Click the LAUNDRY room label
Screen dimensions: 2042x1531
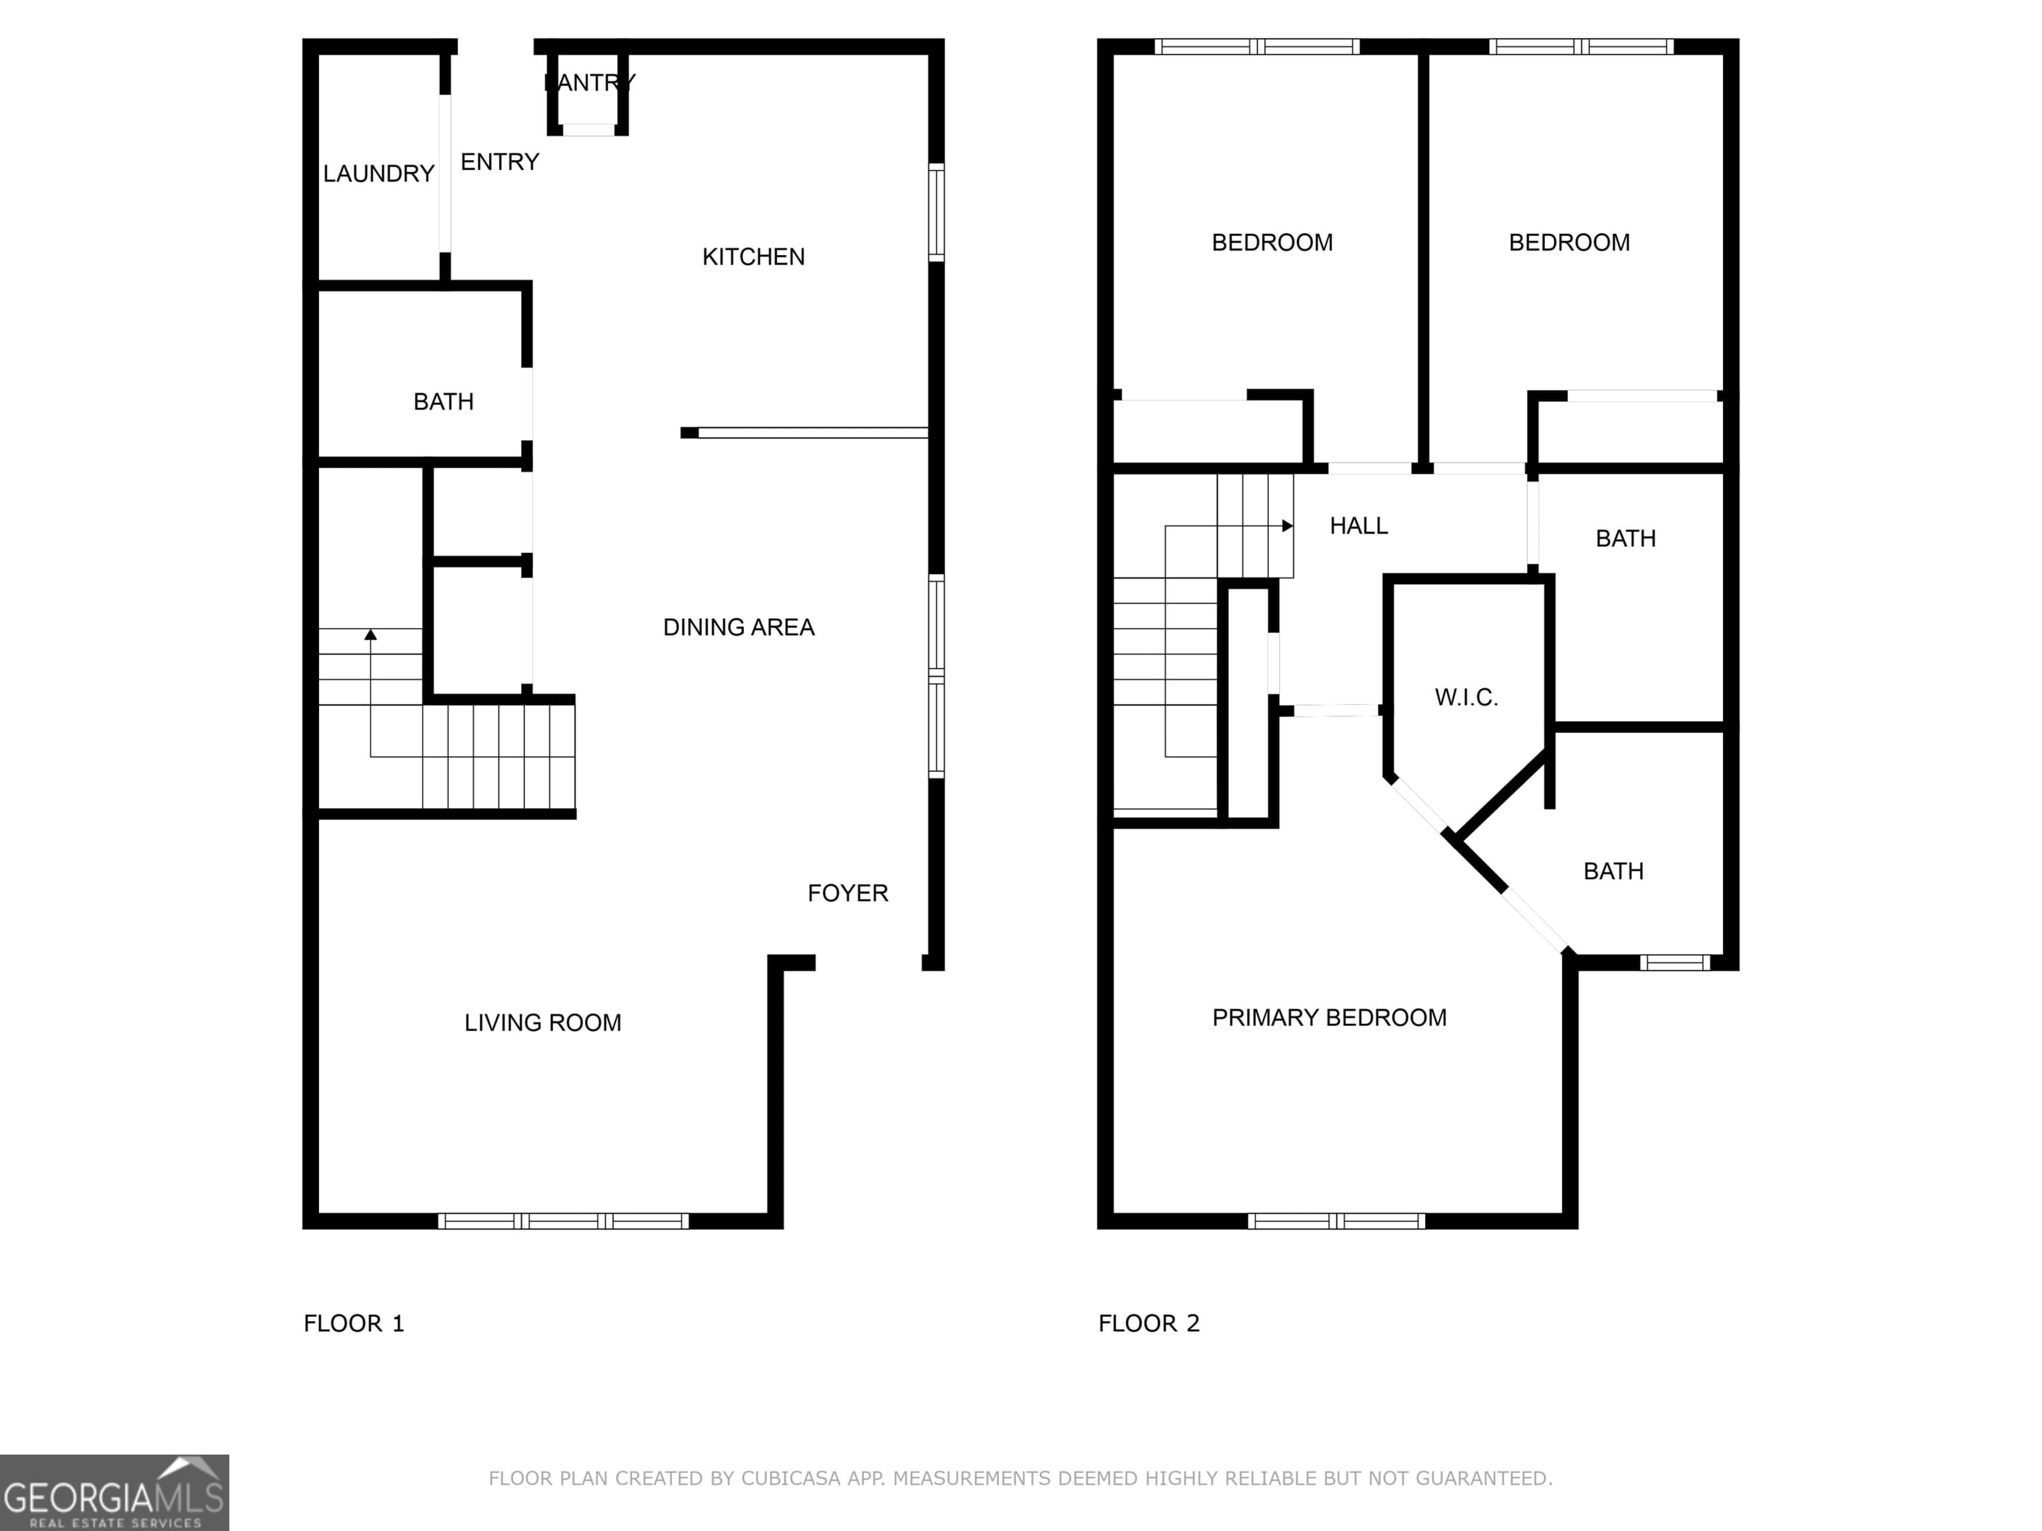[x=378, y=173]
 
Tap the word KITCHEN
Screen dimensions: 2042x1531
[x=753, y=256]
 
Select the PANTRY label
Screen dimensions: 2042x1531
[x=590, y=82]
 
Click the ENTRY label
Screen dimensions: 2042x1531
[x=499, y=162]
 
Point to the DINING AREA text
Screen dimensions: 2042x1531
[x=738, y=627]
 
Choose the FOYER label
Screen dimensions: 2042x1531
[x=848, y=893]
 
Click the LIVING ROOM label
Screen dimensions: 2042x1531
[x=543, y=1023]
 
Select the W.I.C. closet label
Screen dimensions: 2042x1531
[x=1466, y=698]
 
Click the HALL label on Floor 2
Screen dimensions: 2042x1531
[x=1359, y=526]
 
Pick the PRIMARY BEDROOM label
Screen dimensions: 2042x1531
[x=1329, y=1018]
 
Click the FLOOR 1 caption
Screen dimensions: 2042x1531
[x=354, y=1324]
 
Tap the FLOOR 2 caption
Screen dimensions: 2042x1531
[x=1149, y=1324]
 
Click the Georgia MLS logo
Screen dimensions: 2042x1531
[x=114, y=1493]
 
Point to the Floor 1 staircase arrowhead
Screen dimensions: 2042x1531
[x=370, y=635]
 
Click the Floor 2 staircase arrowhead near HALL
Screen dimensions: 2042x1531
[x=1288, y=526]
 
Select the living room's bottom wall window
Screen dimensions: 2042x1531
[x=563, y=1221]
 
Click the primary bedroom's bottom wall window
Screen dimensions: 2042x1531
[x=1337, y=1221]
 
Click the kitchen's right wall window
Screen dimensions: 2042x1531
[x=936, y=212]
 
